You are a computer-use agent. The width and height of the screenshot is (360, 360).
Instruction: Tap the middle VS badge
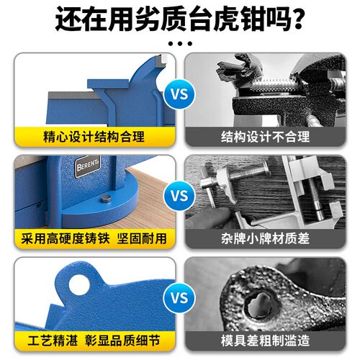pyautogui.click(x=179, y=194)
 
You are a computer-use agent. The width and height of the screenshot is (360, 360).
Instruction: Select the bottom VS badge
pyautogui.click(x=179, y=297)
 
